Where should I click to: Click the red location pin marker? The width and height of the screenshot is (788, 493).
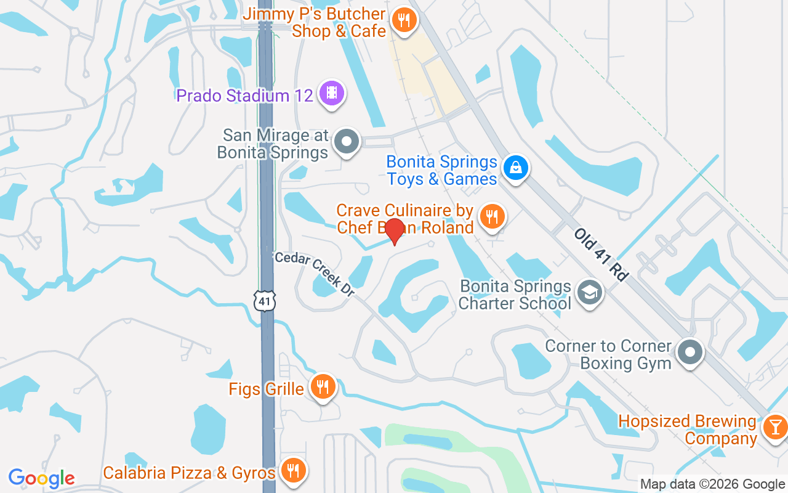click(x=394, y=230)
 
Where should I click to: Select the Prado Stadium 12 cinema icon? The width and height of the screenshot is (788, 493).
click(x=332, y=94)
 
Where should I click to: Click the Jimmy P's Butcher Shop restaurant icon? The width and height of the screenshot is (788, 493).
click(x=403, y=20)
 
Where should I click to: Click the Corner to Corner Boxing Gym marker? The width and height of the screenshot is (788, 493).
click(x=690, y=353)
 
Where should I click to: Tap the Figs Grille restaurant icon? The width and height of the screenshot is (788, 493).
click(x=322, y=387)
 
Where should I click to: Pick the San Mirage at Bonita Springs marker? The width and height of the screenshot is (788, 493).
click(x=346, y=142)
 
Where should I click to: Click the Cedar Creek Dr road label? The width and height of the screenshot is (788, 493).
click(x=315, y=275)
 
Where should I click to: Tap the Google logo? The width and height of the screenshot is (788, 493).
click(x=41, y=478)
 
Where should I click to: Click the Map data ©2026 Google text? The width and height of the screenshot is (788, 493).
click(x=713, y=484)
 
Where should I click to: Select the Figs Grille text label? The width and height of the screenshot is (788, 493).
click(x=266, y=389)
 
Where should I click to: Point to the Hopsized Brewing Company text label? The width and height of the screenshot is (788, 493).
click(x=687, y=430)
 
